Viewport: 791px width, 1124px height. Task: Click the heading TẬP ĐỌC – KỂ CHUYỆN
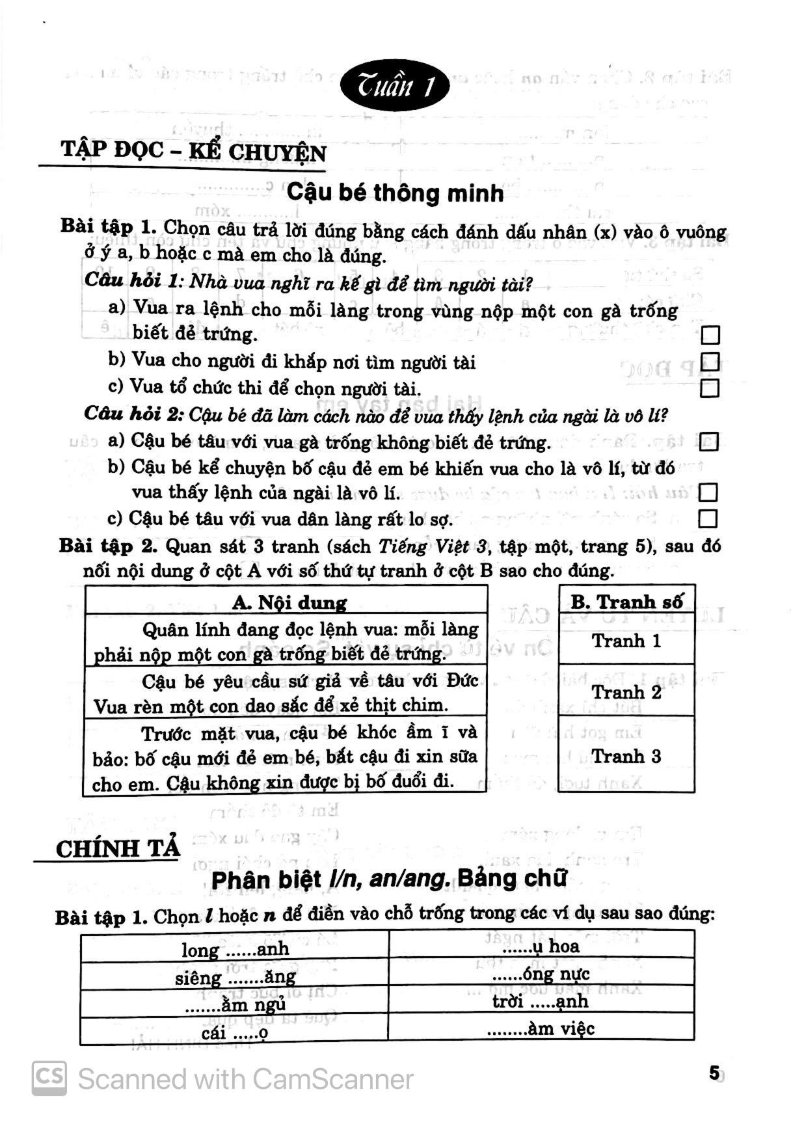[193, 152]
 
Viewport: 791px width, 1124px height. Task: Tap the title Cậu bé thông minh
[395, 193]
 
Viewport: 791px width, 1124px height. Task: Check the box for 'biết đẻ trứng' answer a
[710, 336]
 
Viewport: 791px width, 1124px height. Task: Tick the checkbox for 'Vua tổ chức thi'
[710, 388]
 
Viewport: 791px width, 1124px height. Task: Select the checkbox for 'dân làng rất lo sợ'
[708, 518]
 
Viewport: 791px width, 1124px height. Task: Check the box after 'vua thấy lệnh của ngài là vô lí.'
[708, 492]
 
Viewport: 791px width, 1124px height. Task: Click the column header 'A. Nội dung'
[289, 602]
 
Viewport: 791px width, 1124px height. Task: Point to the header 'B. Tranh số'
[626, 601]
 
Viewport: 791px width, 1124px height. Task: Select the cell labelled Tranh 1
[626, 641]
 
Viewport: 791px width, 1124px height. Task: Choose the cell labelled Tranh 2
[626, 692]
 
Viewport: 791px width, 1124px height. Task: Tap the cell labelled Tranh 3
[626, 756]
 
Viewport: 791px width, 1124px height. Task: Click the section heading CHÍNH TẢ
[118, 849]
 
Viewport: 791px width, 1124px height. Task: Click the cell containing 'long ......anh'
[235, 949]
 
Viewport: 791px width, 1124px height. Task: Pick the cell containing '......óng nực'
[541, 974]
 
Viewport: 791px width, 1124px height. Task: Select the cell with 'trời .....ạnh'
[541, 1000]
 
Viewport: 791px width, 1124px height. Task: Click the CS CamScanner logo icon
[49, 1079]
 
